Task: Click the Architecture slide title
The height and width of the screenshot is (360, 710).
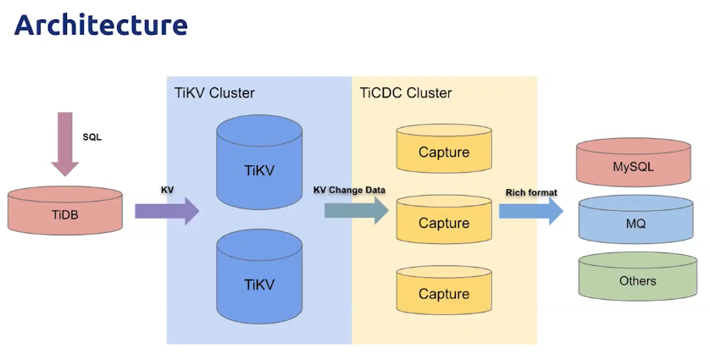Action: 101,25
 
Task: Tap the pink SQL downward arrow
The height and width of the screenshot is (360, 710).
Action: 64,143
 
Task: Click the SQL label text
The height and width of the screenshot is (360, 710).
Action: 92,137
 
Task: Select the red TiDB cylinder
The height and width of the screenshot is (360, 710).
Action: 64,211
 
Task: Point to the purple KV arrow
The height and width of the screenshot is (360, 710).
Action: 167,211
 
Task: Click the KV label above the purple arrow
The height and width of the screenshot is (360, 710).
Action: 167,191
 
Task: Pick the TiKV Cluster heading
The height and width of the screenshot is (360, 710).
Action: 214,93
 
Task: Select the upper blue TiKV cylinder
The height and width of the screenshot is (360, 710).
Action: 259,162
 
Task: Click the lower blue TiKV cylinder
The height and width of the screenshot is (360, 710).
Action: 259,276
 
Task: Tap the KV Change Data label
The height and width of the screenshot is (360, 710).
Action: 349,190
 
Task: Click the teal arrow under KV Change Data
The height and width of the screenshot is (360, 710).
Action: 357,211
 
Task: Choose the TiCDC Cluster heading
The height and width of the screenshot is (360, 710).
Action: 406,93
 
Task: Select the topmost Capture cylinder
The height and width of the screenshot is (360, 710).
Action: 444,148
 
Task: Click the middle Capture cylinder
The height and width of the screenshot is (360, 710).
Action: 444,219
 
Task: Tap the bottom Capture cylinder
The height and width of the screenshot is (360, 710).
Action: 444,291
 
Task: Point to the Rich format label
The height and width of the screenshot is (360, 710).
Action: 531,192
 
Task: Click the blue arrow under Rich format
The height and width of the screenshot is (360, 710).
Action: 531,211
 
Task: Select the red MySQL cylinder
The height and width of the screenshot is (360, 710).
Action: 634,163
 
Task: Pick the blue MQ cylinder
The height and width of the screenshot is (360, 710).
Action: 635,219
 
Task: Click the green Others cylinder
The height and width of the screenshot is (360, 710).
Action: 637,277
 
